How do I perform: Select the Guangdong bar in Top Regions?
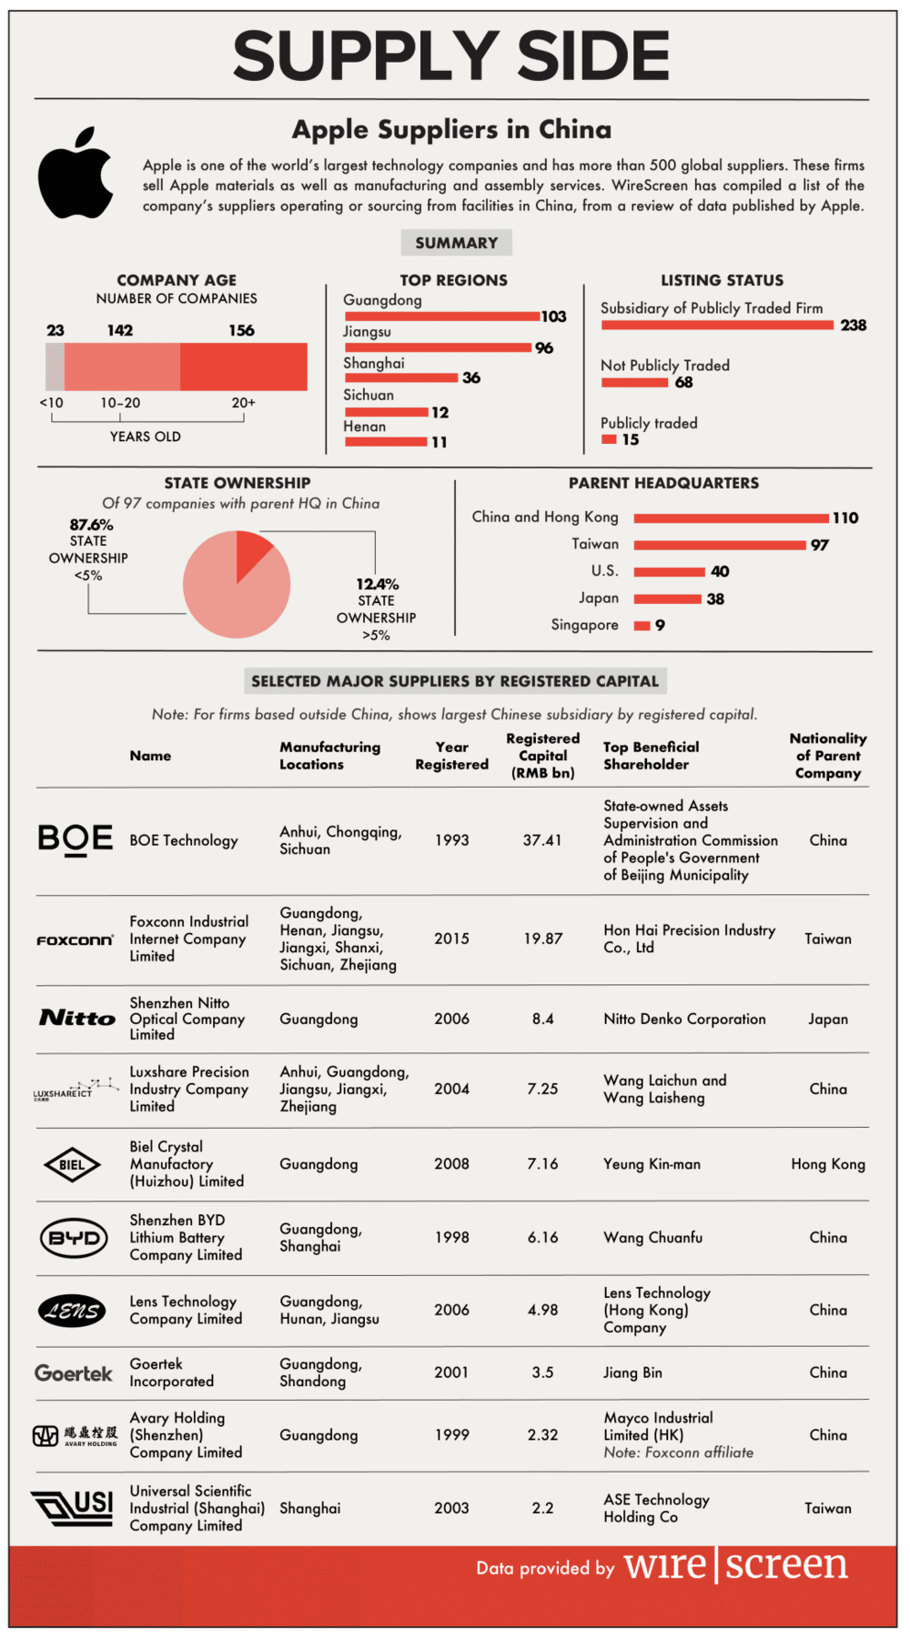[441, 317]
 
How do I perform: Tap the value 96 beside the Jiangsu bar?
[544, 348]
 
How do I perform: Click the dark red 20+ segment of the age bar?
[243, 367]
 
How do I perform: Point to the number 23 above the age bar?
[56, 330]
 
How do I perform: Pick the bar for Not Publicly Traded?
[634, 383]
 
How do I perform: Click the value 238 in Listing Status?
[853, 326]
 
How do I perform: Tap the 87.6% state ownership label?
[91, 525]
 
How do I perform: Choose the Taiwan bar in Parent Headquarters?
[720, 545]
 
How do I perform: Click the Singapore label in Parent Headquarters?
[584, 625]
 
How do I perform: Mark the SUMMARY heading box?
[456, 243]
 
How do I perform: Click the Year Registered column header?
[451, 756]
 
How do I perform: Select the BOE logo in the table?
[76, 839]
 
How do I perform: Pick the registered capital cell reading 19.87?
[542, 939]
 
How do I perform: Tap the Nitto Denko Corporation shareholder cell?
[684, 1019]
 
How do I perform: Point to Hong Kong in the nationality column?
[827, 1164]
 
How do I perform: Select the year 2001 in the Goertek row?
[451, 1372]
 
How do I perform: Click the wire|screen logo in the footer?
[735, 1565]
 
